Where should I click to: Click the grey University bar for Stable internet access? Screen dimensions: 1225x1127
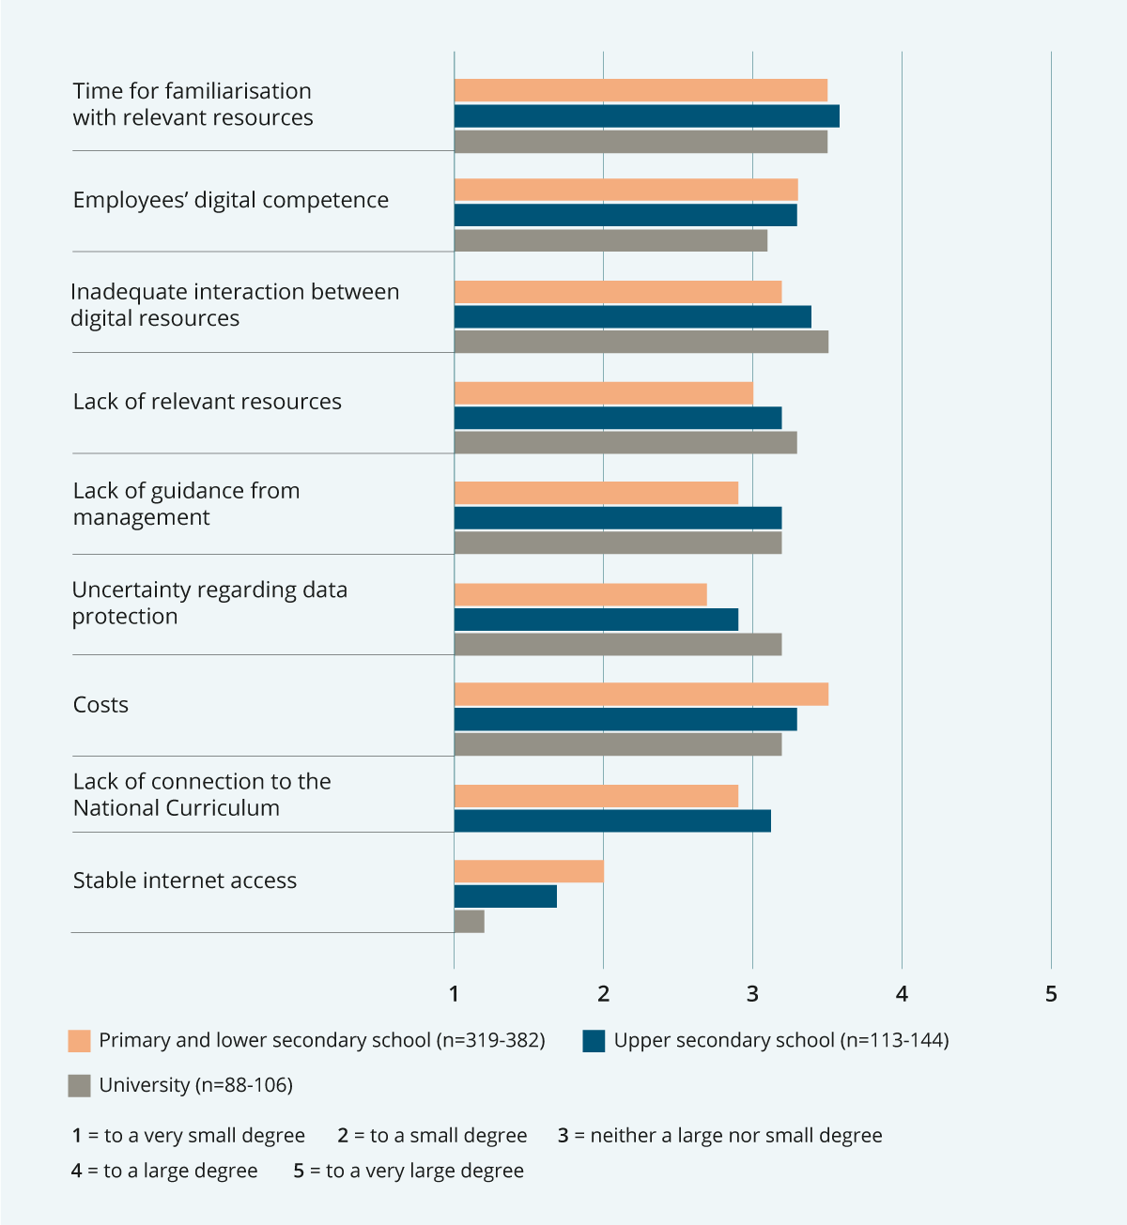click(x=470, y=922)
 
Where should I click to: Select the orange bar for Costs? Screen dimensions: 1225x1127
click(x=641, y=694)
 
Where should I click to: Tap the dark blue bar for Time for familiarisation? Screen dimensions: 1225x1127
click(x=646, y=116)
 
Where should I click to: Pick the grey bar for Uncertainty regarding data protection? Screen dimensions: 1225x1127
click(x=617, y=645)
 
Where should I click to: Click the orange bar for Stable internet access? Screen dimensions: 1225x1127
click(x=529, y=871)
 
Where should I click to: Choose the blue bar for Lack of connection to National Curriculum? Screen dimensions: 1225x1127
click(x=612, y=821)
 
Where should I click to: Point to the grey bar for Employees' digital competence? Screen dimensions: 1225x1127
click(x=610, y=240)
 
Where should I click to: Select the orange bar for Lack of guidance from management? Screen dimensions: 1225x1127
click(x=595, y=493)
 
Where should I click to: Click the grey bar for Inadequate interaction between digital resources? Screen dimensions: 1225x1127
click(x=641, y=342)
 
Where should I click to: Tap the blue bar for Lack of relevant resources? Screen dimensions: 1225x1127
click(x=617, y=418)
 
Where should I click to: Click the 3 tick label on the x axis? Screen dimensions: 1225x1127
click(x=752, y=994)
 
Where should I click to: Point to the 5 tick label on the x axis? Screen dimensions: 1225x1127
click(x=1051, y=994)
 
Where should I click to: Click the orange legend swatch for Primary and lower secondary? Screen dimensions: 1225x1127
click(x=80, y=1041)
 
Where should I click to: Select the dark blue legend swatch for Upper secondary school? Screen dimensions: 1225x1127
click(x=594, y=1041)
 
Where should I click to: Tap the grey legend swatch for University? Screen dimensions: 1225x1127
click(x=80, y=1086)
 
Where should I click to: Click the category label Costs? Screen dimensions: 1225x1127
click(x=100, y=705)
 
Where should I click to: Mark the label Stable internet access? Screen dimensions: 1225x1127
click(x=185, y=880)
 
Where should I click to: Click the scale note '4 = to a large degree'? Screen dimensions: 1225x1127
click(x=164, y=1171)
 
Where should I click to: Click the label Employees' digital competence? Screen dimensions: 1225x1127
click(x=230, y=200)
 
